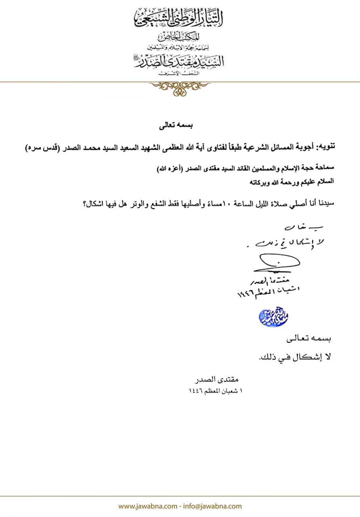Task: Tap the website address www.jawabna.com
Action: pos(147,506)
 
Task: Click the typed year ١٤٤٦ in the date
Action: pos(196,391)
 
